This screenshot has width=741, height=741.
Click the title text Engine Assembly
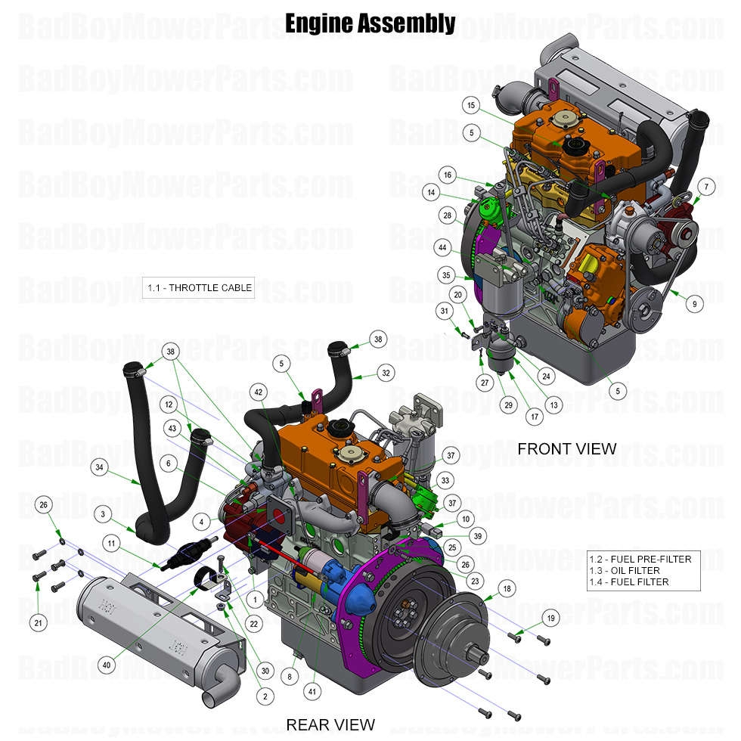[x=370, y=23]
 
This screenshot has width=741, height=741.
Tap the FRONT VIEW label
[x=566, y=448]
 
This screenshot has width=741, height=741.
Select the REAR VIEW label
[x=330, y=724]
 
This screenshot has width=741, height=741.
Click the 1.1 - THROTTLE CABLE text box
[x=198, y=287]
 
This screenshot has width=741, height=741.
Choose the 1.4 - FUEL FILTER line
[x=628, y=581]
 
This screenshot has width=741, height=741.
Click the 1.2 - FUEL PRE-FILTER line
[x=640, y=559]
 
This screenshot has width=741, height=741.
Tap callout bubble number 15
[x=470, y=105]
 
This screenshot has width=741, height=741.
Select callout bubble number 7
[x=705, y=186]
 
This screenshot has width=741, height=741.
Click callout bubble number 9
[x=693, y=303]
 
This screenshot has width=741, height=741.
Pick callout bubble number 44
[x=442, y=247]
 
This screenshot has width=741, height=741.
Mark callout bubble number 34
[x=99, y=468]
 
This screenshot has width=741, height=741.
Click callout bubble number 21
[x=38, y=622]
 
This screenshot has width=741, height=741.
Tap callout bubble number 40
[x=106, y=665]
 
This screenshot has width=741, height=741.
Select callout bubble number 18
[x=505, y=589]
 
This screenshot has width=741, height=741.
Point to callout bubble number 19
[x=550, y=618]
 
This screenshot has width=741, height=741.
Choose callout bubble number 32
[x=386, y=373]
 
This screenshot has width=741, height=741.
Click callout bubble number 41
[x=311, y=690]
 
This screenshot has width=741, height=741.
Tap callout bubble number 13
[x=554, y=405]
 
